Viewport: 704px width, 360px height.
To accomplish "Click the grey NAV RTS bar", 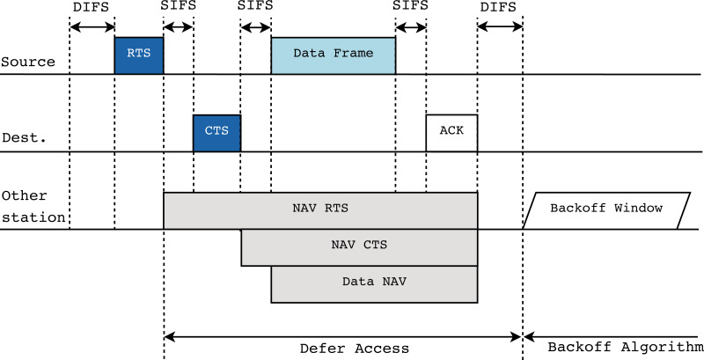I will (320, 210).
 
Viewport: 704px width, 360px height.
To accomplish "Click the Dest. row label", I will (19, 138).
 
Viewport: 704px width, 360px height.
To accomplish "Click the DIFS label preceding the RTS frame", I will (91, 6).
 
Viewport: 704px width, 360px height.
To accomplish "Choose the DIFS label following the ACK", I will (499, 6).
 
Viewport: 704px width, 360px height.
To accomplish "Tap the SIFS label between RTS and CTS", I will (178, 6).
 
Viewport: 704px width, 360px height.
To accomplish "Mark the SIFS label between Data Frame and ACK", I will (410, 6).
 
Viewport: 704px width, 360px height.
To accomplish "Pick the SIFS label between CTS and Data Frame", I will (255, 6).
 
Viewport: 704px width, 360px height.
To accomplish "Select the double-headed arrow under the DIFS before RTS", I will (92, 26).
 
